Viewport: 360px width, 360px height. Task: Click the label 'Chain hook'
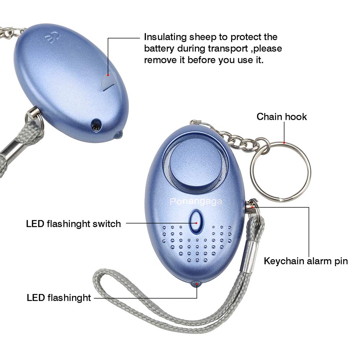tap(282, 117)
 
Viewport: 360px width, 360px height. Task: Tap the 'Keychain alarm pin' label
tap(306, 261)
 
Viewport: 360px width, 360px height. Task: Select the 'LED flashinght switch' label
tap(73, 224)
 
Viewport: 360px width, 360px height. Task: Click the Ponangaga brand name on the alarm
tap(196, 202)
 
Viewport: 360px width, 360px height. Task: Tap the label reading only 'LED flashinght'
tap(59, 298)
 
